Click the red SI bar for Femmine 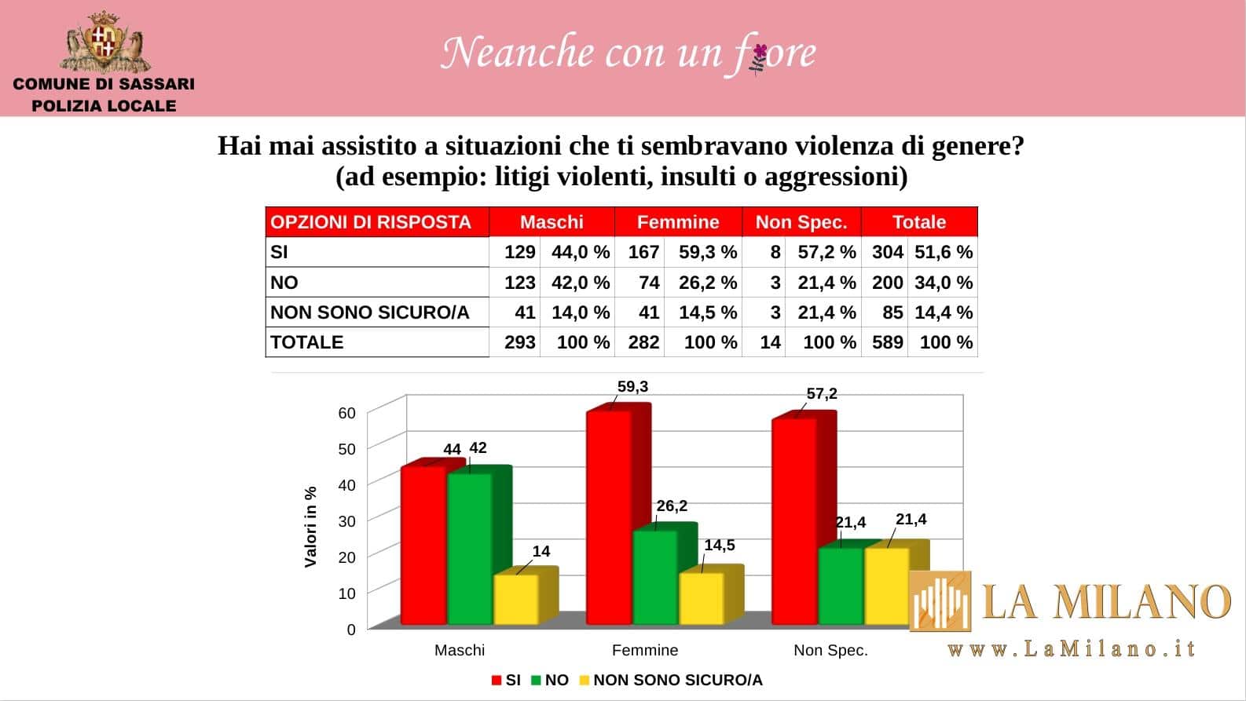(x=609, y=518)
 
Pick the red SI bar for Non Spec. (x=794, y=522)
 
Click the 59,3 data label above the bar (x=632, y=386)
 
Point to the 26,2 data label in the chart (x=672, y=506)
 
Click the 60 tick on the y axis (x=346, y=413)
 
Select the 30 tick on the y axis (x=346, y=521)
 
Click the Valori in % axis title (x=310, y=526)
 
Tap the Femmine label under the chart (x=644, y=650)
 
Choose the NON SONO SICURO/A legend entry (x=677, y=680)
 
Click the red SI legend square (x=497, y=681)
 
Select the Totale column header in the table (x=918, y=222)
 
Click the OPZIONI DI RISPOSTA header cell (x=371, y=222)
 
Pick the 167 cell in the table (x=643, y=252)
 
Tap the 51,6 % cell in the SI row (x=943, y=252)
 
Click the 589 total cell (x=887, y=342)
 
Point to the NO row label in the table (x=284, y=283)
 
